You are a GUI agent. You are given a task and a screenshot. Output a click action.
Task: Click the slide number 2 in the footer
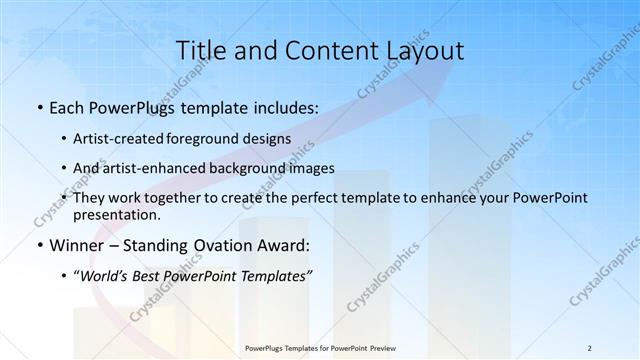coord(590,348)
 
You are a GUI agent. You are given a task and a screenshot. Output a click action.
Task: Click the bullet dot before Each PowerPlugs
coord(39,106)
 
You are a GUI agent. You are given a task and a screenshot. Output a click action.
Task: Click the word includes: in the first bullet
coord(286,106)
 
